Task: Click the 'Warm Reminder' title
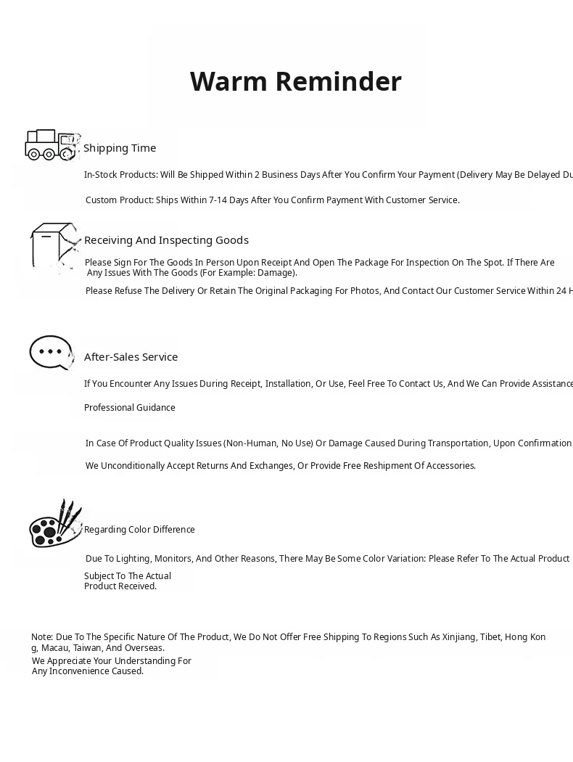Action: (x=295, y=82)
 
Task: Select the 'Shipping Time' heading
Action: (x=120, y=148)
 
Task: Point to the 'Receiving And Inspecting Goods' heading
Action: (x=166, y=240)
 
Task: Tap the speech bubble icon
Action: (x=51, y=353)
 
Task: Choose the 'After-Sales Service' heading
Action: (x=131, y=357)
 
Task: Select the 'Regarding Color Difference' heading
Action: (x=139, y=530)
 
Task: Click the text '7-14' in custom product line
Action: (x=217, y=200)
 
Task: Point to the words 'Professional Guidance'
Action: (x=129, y=408)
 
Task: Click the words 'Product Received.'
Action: (x=120, y=586)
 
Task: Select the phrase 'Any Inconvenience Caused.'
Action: (x=88, y=671)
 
